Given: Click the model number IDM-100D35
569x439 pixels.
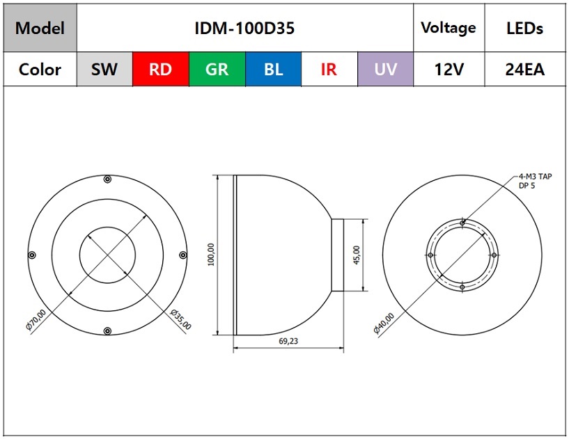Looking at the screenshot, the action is (x=244, y=29).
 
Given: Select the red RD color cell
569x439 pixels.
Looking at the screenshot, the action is (x=160, y=69).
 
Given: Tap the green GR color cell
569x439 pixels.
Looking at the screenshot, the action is (x=217, y=69).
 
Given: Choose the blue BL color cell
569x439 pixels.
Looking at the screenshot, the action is (x=273, y=69).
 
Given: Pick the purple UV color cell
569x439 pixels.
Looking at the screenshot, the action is (x=385, y=69).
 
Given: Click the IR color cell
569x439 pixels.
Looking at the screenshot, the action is (x=329, y=69).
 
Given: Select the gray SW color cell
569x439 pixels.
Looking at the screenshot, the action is (x=104, y=69).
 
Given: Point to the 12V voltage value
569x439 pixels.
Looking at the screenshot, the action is (x=449, y=70).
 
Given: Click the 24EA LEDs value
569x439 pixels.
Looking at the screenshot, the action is (x=524, y=70).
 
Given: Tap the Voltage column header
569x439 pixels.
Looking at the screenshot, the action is (x=449, y=28).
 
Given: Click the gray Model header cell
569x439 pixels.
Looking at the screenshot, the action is (x=40, y=28).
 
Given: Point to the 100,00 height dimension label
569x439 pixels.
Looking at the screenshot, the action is (x=211, y=255).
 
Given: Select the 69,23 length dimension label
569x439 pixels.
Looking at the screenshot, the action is (x=288, y=341).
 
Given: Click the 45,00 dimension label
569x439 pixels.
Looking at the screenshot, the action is (x=357, y=255).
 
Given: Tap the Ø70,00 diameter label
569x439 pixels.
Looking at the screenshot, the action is (x=36, y=320).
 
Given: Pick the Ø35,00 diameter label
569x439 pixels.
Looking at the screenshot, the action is (x=180, y=319).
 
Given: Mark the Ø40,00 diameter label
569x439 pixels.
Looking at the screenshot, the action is (x=384, y=324).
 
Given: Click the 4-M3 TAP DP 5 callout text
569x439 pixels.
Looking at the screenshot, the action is (x=536, y=181).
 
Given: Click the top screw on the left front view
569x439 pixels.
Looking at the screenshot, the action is (x=107, y=179).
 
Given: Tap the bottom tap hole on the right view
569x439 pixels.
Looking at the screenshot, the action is (x=462, y=287).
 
